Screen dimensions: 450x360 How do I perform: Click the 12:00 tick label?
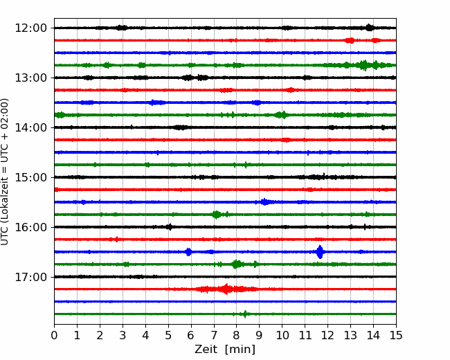click(30, 28)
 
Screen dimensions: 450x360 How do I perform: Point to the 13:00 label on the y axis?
click(30, 78)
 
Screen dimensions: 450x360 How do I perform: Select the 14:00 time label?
click(30, 127)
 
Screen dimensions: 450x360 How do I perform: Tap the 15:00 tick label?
click(30, 177)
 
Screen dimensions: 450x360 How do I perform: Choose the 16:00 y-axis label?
click(30, 227)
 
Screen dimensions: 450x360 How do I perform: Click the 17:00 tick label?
click(30, 277)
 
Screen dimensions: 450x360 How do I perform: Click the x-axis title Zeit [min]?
click(225, 350)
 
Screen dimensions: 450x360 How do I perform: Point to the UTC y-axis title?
click(4, 172)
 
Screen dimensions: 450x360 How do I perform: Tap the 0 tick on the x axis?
click(54, 335)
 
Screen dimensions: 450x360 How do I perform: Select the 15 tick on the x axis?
click(396, 335)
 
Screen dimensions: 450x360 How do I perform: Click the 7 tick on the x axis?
click(214, 335)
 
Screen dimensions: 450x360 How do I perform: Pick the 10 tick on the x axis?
click(282, 335)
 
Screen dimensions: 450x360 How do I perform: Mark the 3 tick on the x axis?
click(123, 335)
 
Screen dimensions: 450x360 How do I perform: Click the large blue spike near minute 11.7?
click(320, 252)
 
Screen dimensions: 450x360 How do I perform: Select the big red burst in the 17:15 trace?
click(226, 289)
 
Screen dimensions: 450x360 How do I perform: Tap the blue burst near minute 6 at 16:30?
click(188, 252)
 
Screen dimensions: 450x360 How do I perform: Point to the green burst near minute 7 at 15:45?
click(217, 215)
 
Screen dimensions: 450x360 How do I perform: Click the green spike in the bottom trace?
click(245, 314)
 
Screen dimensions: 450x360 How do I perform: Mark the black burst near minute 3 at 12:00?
click(122, 28)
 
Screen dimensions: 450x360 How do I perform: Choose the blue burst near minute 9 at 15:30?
click(264, 202)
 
